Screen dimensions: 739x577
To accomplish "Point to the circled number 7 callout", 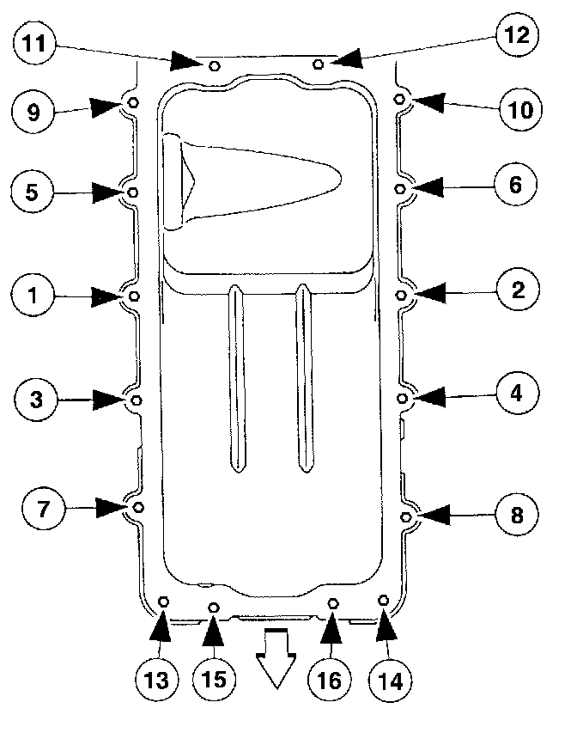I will tap(41, 508).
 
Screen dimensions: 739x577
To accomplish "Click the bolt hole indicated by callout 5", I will tap(133, 192).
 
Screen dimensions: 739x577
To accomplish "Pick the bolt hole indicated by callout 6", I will tap(400, 188).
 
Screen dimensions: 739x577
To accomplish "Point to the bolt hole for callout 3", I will tap(136, 400).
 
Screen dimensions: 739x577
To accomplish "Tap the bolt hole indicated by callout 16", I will tap(334, 603).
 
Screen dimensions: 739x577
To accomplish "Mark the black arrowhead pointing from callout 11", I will tap(185, 60).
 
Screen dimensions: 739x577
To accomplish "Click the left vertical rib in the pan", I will tap(236, 378).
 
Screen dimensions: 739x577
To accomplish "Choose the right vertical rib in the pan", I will tap(303, 378).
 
